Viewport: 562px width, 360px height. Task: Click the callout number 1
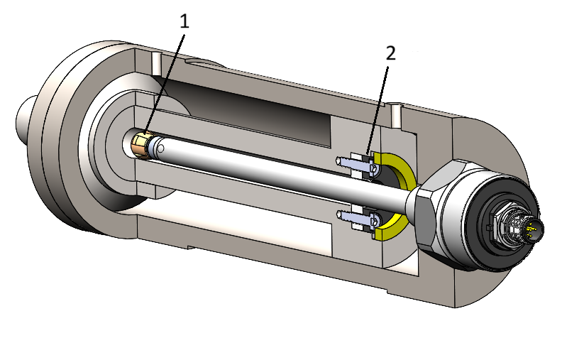click(184, 22)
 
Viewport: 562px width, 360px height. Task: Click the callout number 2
click(391, 53)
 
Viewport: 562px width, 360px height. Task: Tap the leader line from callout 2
click(378, 111)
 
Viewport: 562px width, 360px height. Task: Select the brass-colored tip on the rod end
click(141, 146)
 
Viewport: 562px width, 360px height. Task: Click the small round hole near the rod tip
click(161, 148)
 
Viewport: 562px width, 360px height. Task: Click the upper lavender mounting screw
click(358, 165)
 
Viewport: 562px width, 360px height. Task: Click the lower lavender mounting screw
click(358, 218)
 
